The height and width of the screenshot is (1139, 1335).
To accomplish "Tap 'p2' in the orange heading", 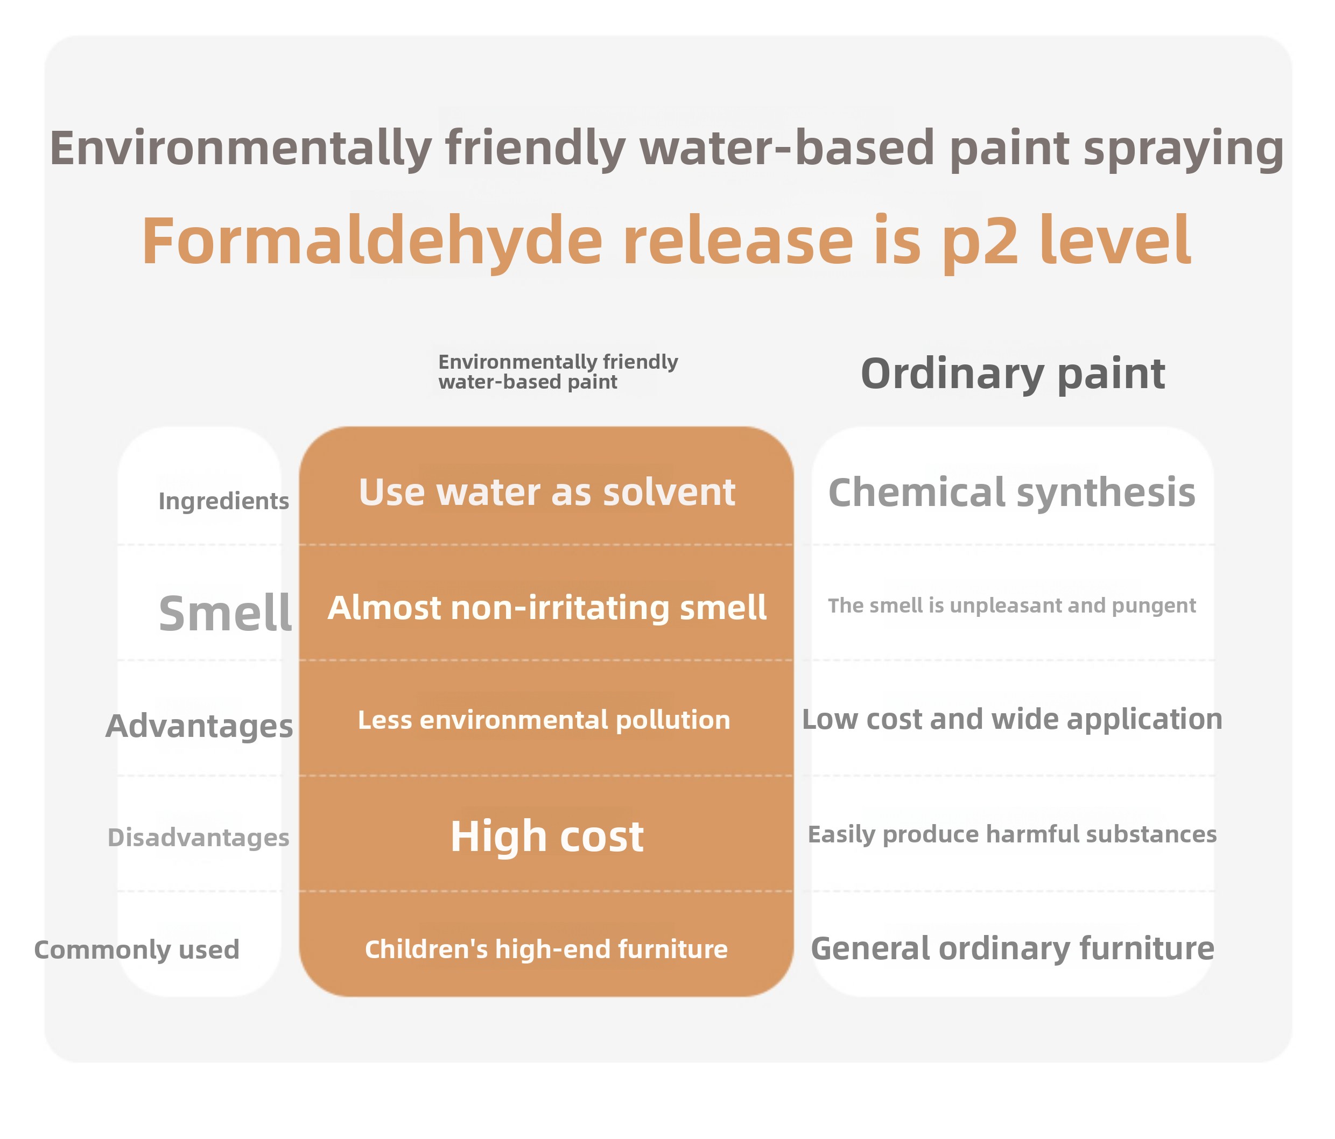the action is pos(980,242).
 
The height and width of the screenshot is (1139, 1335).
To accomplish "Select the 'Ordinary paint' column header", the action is pos(1013,374).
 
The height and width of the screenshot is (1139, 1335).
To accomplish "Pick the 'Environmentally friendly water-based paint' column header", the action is pos(558,372).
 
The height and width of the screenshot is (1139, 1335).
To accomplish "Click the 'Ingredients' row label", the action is pos(223,501).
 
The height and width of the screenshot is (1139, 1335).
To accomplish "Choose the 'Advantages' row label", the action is pos(199,726).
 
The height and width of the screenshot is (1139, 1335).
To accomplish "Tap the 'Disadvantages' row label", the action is pos(199,837).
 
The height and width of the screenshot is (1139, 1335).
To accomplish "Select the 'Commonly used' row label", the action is pos(137,949).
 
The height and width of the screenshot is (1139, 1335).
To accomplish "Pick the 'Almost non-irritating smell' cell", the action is pos(547,608).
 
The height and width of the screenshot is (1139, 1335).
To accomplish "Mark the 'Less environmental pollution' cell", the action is pos(544,720).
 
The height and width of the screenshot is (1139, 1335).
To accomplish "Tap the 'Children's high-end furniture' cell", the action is pos(546,949).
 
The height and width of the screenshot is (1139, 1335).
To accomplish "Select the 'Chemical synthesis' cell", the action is pos(1011,493).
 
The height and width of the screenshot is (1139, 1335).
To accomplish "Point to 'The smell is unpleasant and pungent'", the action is pos(1011,606).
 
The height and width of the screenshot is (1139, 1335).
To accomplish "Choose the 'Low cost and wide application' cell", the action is pos(1011,719).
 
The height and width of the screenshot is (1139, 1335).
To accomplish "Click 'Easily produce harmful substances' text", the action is pos(1012,834).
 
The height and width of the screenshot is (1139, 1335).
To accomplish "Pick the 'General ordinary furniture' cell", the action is pos(1012,948).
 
